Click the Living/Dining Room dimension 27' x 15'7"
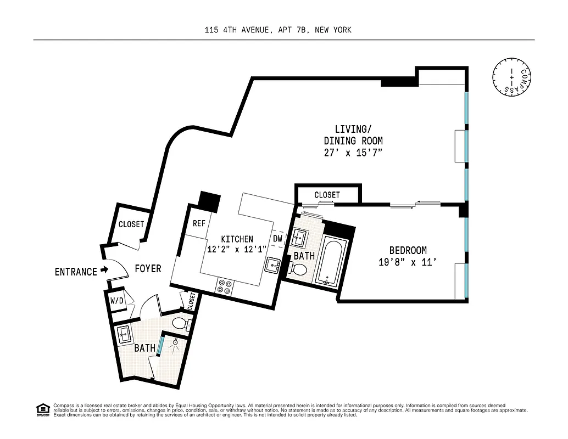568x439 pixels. coord(353,153)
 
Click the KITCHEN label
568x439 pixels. coord(237,239)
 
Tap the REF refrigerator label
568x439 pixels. coord(199,224)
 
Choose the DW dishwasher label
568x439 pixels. coord(277,239)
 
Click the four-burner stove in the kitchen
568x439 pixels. coord(225,286)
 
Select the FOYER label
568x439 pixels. coord(148,268)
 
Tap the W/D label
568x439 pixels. coord(116,301)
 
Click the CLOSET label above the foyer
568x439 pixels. coord(131,224)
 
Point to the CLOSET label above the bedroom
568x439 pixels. coord(327,195)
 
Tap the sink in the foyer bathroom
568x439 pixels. coord(122,333)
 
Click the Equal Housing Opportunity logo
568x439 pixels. coord(42,409)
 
